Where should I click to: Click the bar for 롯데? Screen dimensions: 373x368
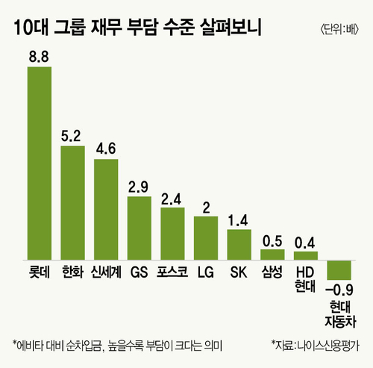tap(40, 163)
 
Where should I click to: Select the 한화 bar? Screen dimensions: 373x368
tap(72, 203)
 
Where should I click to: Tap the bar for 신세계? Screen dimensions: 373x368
tap(106, 210)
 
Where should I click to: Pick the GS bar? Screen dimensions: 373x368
tap(140, 228)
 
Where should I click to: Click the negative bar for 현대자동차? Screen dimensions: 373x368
tap(339, 270)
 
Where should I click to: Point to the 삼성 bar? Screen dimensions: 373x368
tap(272, 255)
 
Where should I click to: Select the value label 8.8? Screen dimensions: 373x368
tap(39, 57)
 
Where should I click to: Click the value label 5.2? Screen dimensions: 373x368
tap(71, 136)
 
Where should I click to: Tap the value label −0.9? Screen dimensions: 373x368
tap(339, 290)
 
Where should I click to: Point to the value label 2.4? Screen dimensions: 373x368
tap(172, 199)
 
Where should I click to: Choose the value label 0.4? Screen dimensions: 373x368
tap(305, 243)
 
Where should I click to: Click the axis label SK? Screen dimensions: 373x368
tap(239, 272)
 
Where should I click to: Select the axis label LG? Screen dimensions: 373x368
tap(206, 272)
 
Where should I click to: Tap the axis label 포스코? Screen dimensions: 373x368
tap(172, 272)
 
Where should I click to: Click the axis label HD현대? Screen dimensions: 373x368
tap(305, 279)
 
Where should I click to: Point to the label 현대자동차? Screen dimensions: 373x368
tap(340, 314)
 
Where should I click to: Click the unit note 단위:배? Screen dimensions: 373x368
tap(339, 30)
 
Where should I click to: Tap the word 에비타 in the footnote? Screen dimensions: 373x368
tap(30, 346)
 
